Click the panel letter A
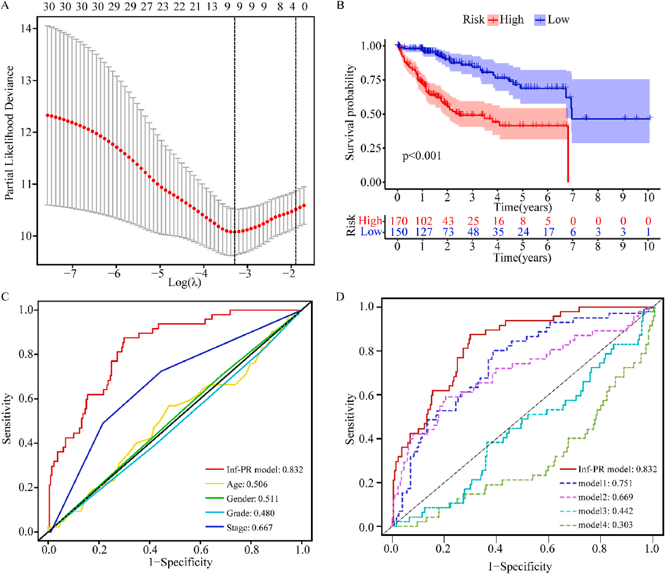[x=5, y=6]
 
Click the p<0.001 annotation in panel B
[x=422, y=156]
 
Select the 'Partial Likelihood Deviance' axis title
[x=9, y=133]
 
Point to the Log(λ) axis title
[x=184, y=282]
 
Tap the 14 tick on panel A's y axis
[x=26, y=28]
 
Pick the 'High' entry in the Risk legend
[x=511, y=20]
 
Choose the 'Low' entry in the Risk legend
[x=558, y=20]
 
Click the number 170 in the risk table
[x=399, y=221]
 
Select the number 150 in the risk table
[x=399, y=232]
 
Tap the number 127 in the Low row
[x=424, y=232]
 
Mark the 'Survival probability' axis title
[x=350, y=112]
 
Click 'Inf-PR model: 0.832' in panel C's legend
[x=265, y=470]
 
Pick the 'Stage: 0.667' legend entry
[x=249, y=528]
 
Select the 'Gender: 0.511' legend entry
[x=252, y=499]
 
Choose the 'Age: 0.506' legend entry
[x=247, y=484]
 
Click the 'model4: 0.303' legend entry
[x=605, y=525]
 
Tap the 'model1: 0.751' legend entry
[x=605, y=483]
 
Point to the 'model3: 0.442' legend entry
[x=605, y=511]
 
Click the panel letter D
[x=340, y=297]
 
